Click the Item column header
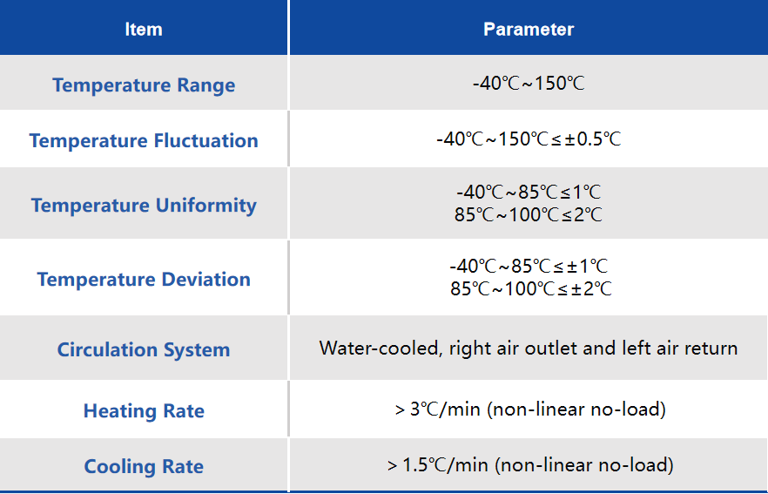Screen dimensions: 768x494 point(144,30)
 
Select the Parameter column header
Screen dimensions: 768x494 point(529,30)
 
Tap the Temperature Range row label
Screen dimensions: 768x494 point(144,85)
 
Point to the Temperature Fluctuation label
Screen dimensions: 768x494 point(144,140)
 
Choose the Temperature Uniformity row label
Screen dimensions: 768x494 point(144,206)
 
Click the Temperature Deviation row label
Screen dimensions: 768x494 point(144,280)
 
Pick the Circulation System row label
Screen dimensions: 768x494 point(144,350)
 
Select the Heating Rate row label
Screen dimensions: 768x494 point(144,410)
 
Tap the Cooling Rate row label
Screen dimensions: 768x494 point(144,467)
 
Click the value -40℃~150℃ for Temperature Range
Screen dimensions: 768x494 point(529,84)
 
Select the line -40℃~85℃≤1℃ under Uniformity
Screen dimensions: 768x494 point(529,192)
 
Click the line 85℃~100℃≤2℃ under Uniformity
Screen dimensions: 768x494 point(529,214)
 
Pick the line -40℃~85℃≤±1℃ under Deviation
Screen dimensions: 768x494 point(529,266)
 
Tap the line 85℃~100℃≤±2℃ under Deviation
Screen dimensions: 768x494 point(531,288)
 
